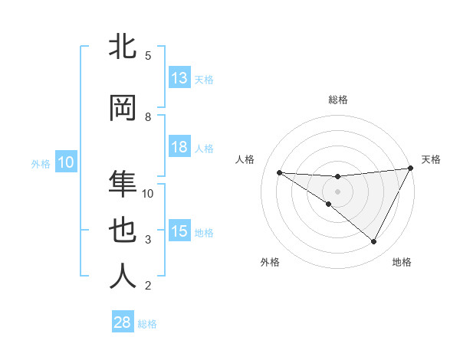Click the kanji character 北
tap(123, 47)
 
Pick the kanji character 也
tap(123, 231)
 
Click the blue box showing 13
tap(179, 78)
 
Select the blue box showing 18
tap(179, 148)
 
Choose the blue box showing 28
tap(123, 322)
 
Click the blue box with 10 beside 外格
tap(66, 162)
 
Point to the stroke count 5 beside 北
tap(147, 55)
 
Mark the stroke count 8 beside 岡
tap(147, 116)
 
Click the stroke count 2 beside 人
tap(147, 286)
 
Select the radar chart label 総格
tap(337, 100)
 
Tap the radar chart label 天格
tap(431, 159)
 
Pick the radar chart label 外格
tap(270, 262)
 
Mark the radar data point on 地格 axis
tap(374, 242)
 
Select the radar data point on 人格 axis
tap(279, 172)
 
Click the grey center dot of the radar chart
tap(337, 191)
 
